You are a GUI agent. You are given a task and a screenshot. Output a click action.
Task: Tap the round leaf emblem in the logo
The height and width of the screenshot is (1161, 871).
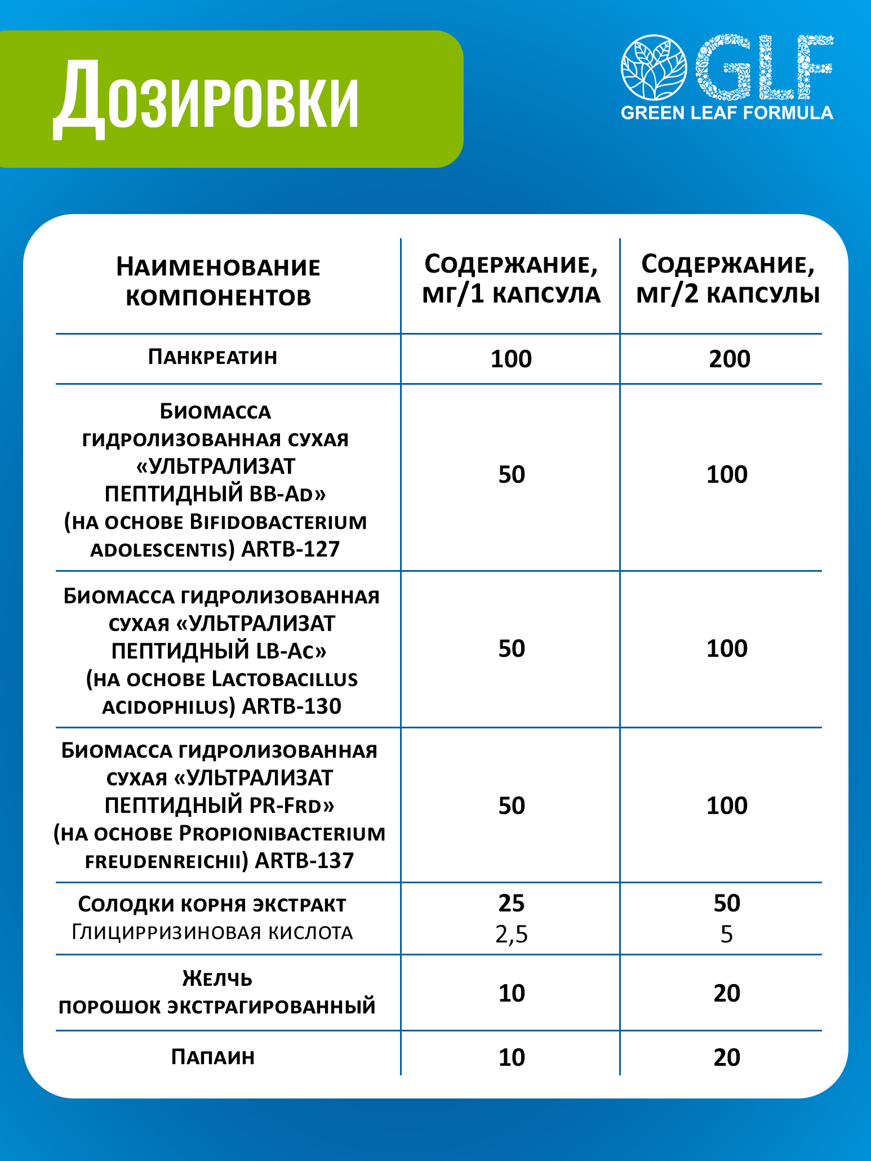pyautogui.click(x=654, y=68)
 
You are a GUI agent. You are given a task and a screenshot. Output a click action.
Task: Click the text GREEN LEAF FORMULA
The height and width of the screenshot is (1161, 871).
pyautogui.click(x=727, y=113)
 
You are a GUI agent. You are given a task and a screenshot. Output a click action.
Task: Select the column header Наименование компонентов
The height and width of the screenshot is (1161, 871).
pyautogui.click(x=218, y=282)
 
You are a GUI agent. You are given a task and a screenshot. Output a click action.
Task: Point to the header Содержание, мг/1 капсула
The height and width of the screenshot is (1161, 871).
pyautogui.click(x=511, y=279)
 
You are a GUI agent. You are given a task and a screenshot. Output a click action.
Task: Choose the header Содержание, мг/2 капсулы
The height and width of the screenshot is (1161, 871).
pyautogui.click(x=727, y=279)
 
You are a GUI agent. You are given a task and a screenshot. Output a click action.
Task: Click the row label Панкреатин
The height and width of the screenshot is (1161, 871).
pyautogui.click(x=212, y=357)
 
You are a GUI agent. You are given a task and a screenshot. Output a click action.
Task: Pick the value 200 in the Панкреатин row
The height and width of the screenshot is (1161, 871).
pyautogui.click(x=729, y=359)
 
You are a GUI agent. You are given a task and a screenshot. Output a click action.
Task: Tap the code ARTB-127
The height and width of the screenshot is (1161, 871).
pyautogui.click(x=291, y=549)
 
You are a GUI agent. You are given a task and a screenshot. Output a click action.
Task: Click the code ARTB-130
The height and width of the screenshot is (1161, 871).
pyautogui.click(x=292, y=706)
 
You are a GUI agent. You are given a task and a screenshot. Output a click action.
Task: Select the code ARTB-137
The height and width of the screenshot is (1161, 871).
pyautogui.click(x=305, y=861)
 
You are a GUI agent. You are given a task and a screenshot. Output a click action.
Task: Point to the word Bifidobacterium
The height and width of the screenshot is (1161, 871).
pyautogui.click(x=278, y=522)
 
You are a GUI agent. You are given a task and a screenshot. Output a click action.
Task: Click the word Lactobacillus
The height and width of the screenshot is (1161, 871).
pyautogui.click(x=285, y=679)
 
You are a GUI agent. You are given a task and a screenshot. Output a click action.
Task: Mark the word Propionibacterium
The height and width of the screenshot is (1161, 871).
pyautogui.click(x=282, y=833)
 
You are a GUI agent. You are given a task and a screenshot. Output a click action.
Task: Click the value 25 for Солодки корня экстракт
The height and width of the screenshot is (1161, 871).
pyautogui.click(x=512, y=904)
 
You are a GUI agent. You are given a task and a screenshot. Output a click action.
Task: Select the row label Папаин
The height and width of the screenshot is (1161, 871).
pyautogui.click(x=213, y=1057)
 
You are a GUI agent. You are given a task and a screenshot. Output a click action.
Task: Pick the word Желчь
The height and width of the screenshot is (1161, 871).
pyautogui.click(x=217, y=979)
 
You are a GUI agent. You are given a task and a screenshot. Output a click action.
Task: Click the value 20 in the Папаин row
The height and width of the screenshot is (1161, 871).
pyautogui.click(x=727, y=1057)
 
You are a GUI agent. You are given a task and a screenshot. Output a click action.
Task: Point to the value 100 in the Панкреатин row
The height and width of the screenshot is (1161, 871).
pyautogui.click(x=511, y=359)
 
